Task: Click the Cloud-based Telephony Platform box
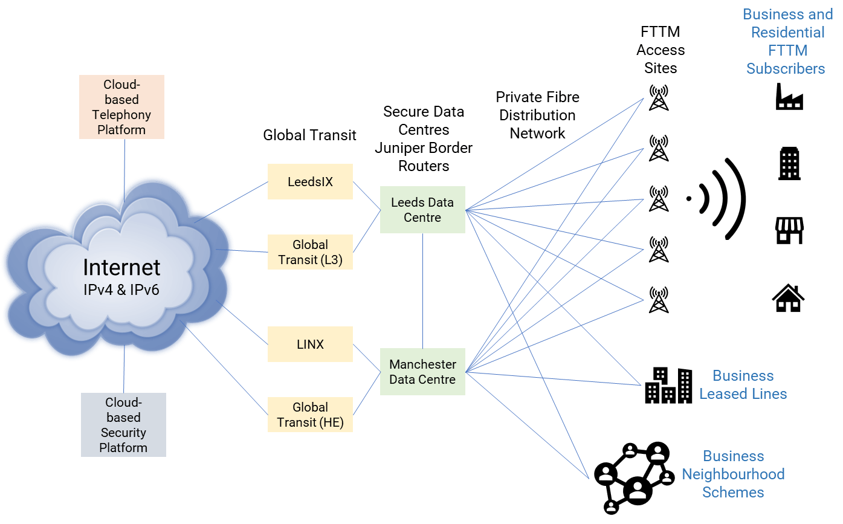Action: tap(121, 107)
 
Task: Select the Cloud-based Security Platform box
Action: tap(123, 425)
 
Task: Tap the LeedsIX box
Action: tap(310, 181)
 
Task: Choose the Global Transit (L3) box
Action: tap(310, 252)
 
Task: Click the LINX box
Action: tap(310, 344)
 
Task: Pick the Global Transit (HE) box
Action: tap(310, 415)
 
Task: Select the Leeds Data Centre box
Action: tap(422, 210)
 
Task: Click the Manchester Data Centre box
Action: tap(422, 372)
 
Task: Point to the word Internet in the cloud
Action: tap(121, 267)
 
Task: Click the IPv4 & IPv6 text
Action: tap(121, 289)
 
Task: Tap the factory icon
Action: tap(789, 97)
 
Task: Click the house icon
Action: tap(789, 298)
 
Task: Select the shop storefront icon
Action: tap(789, 231)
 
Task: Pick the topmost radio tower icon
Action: tap(658, 98)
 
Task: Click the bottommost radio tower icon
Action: tap(658, 300)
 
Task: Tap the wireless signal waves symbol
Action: tap(719, 198)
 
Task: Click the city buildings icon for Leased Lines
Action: tap(668, 386)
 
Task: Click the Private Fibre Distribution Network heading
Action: tap(537, 115)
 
